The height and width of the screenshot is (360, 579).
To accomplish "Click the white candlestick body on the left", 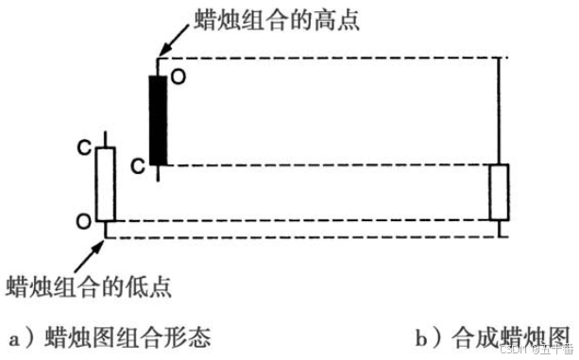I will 106,182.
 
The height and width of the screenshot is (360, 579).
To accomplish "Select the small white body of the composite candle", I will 498,192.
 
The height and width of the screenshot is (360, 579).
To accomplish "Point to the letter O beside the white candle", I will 84,221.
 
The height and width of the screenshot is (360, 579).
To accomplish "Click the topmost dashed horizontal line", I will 331,57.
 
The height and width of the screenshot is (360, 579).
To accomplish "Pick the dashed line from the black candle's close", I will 331,164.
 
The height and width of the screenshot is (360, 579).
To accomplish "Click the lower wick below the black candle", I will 158,171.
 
